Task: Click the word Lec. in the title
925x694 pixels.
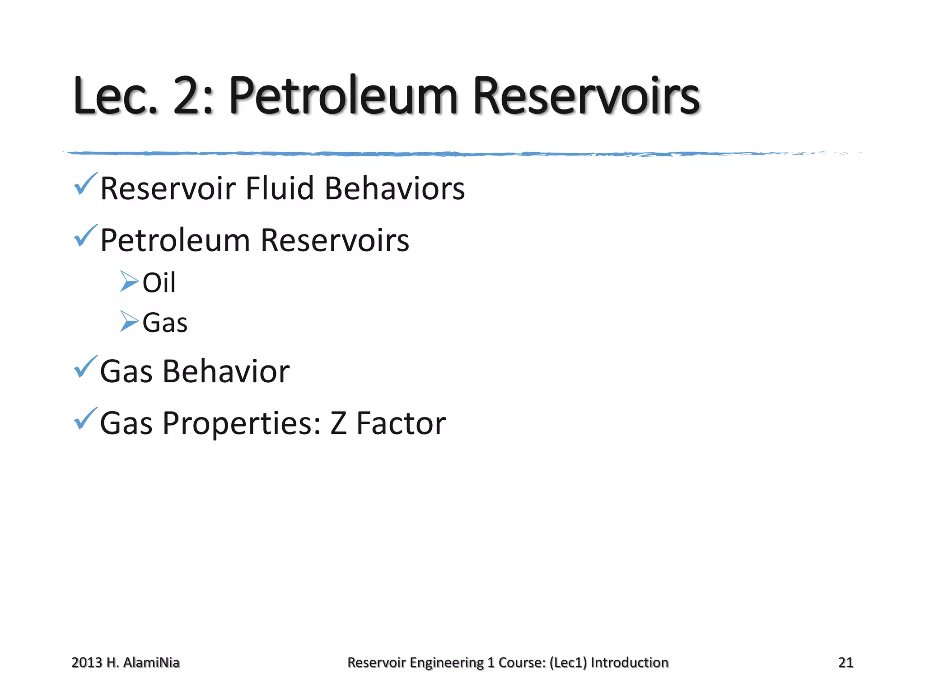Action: [x=115, y=96]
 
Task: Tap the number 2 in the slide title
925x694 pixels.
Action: [x=188, y=96]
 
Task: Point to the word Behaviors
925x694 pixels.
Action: [x=395, y=188]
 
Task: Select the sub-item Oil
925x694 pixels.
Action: [x=159, y=283]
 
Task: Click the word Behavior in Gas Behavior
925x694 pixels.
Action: [x=226, y=371]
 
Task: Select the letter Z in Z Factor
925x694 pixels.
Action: [x=339, y=424]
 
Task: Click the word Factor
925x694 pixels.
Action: [x=401, y=424]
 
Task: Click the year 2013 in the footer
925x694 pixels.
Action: [x=87, y=662]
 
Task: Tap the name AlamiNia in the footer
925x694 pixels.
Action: [x=151, y=662]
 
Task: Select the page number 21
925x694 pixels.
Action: [x=846, y=662]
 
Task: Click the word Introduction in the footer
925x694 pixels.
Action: [x=630, y=662]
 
